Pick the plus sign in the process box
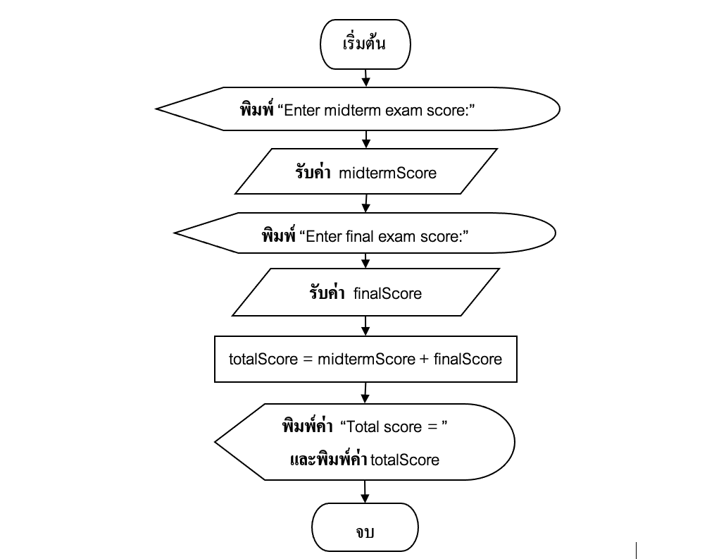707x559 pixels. [424, 359]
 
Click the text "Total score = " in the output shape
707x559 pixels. [394, 426]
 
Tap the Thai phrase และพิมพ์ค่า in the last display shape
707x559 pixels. [329, 460]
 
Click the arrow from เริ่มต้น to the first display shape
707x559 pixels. [365, 78]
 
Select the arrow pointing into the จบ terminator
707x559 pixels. [365, 491]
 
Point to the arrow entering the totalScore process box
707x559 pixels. [365, 326]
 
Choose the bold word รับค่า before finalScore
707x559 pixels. [329, 293]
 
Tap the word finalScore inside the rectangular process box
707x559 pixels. [468, 359]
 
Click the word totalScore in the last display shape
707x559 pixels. [405, 460]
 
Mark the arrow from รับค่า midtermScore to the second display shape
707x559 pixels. [365, 204]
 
